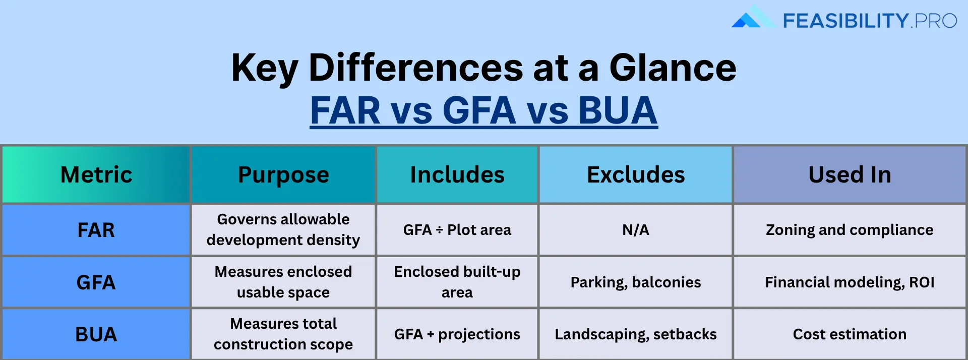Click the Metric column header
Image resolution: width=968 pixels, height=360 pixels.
[x=96, y=175]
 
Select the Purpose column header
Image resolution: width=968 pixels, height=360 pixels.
[x=283, y=175]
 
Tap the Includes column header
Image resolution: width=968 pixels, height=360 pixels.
[x=457, y=175]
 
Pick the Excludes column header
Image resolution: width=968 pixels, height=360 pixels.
[x=636, y=175]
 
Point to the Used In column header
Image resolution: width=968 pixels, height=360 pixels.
[x=850, y=175]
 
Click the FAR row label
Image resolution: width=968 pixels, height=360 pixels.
[x=96, y=230]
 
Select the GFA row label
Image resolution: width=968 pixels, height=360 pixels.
[x=96, y=282]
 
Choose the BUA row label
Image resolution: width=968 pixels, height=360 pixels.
[x=96, y=334]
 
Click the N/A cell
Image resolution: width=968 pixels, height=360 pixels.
[x=636, y=230]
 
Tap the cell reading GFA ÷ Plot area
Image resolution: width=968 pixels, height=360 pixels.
[x=457, y=230]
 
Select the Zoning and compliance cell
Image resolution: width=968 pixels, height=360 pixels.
[x=850, y=230]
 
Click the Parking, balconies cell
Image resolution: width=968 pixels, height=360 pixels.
[x=636, y=282]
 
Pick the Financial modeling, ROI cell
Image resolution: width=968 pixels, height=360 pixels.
[x=850, y=282]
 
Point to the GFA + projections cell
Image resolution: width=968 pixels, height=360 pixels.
[x=457, y=334]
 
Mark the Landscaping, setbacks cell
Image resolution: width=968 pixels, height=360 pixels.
[x=636, y=334]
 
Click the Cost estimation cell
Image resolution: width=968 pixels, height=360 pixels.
[x=850, y=334]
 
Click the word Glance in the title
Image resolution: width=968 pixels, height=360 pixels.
[x=673, y=68]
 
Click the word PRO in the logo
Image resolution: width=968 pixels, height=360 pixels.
[x=936, y=21]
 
